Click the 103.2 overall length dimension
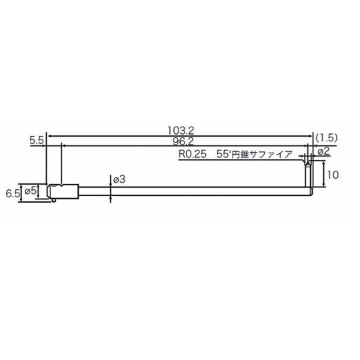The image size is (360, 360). (181, 131)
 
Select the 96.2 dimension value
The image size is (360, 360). (183, 141)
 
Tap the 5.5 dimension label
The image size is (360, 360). (36, 141)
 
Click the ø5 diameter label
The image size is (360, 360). (30, 190)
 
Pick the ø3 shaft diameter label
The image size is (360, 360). (119, 179)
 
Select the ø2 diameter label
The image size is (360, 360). (324, 151)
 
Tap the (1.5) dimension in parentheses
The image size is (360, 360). (327, 137)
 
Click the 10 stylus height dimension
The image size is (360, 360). (333, 175)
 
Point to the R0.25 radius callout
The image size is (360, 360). (193, 154)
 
